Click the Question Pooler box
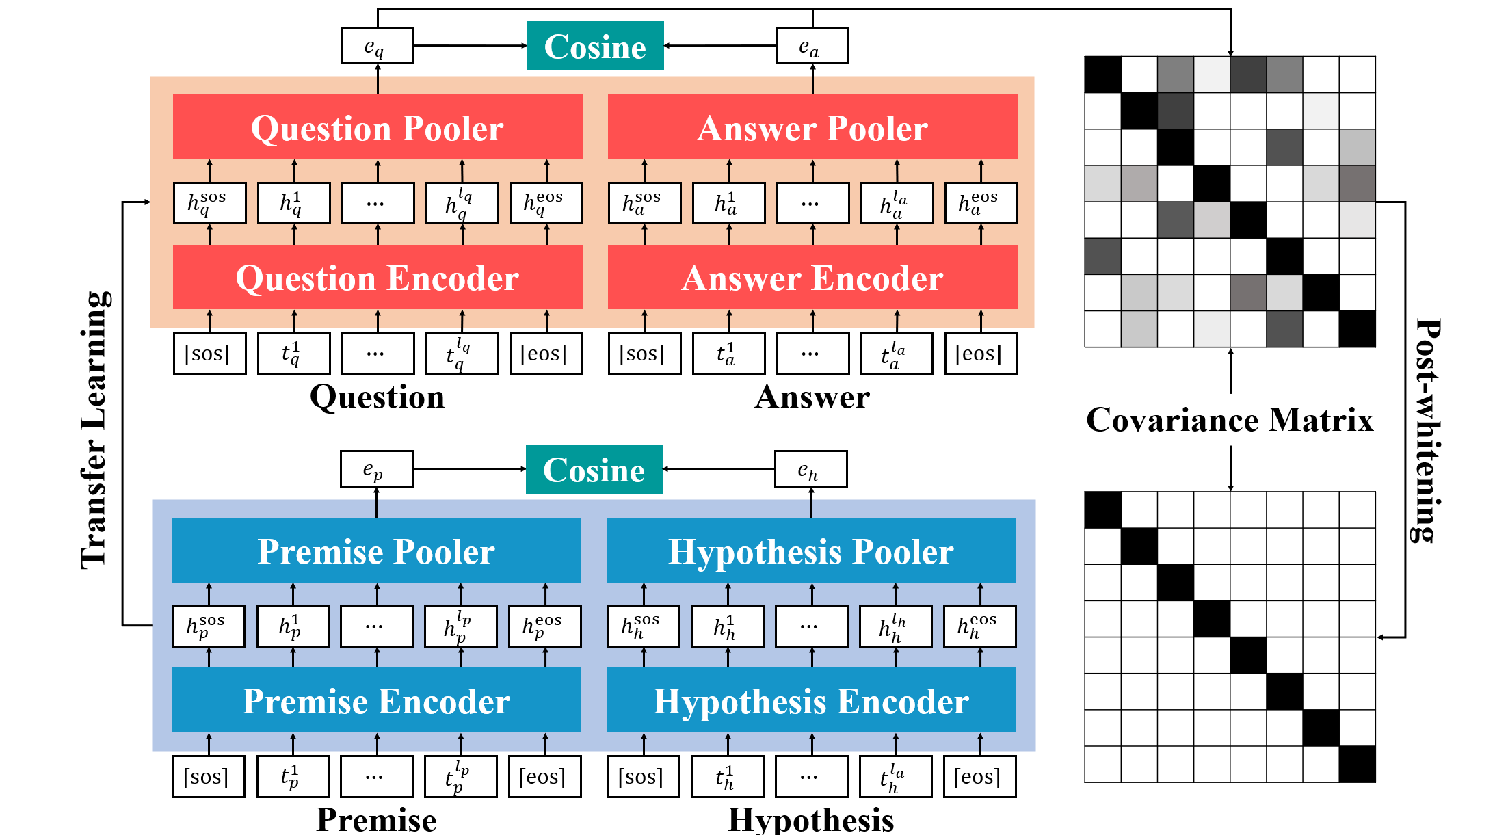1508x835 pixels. (x=377, y=127)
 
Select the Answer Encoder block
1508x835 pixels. (x=812, y=277)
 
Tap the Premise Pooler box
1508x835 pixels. (x=376, y=551)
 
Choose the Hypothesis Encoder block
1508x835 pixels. (x=810, y=700)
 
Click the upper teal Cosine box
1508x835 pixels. (x=594, y=46)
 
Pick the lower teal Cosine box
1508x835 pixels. (x=594, y=469)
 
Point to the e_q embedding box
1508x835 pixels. (x=377, y=46)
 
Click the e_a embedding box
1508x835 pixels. (x=812, y=46)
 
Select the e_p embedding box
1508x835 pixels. (x=376, y=469)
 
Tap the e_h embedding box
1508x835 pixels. (x=810, y=469)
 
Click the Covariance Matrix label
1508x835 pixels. (x=1230, y=419)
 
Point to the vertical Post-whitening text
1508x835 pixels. (x=1426, y=431)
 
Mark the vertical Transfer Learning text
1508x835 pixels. (x=94, y=431)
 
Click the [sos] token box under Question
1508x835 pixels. (x=209, y=354)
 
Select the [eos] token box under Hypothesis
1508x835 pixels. (x=979, y=777)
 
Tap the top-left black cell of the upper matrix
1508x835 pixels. (x=1102, y=75)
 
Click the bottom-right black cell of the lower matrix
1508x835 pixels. (x=1357, y=764)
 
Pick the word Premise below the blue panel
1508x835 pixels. (x=376, y=819)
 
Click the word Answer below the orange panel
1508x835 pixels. (x=812, y=397)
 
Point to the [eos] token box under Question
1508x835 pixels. (x=546, y=354)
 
